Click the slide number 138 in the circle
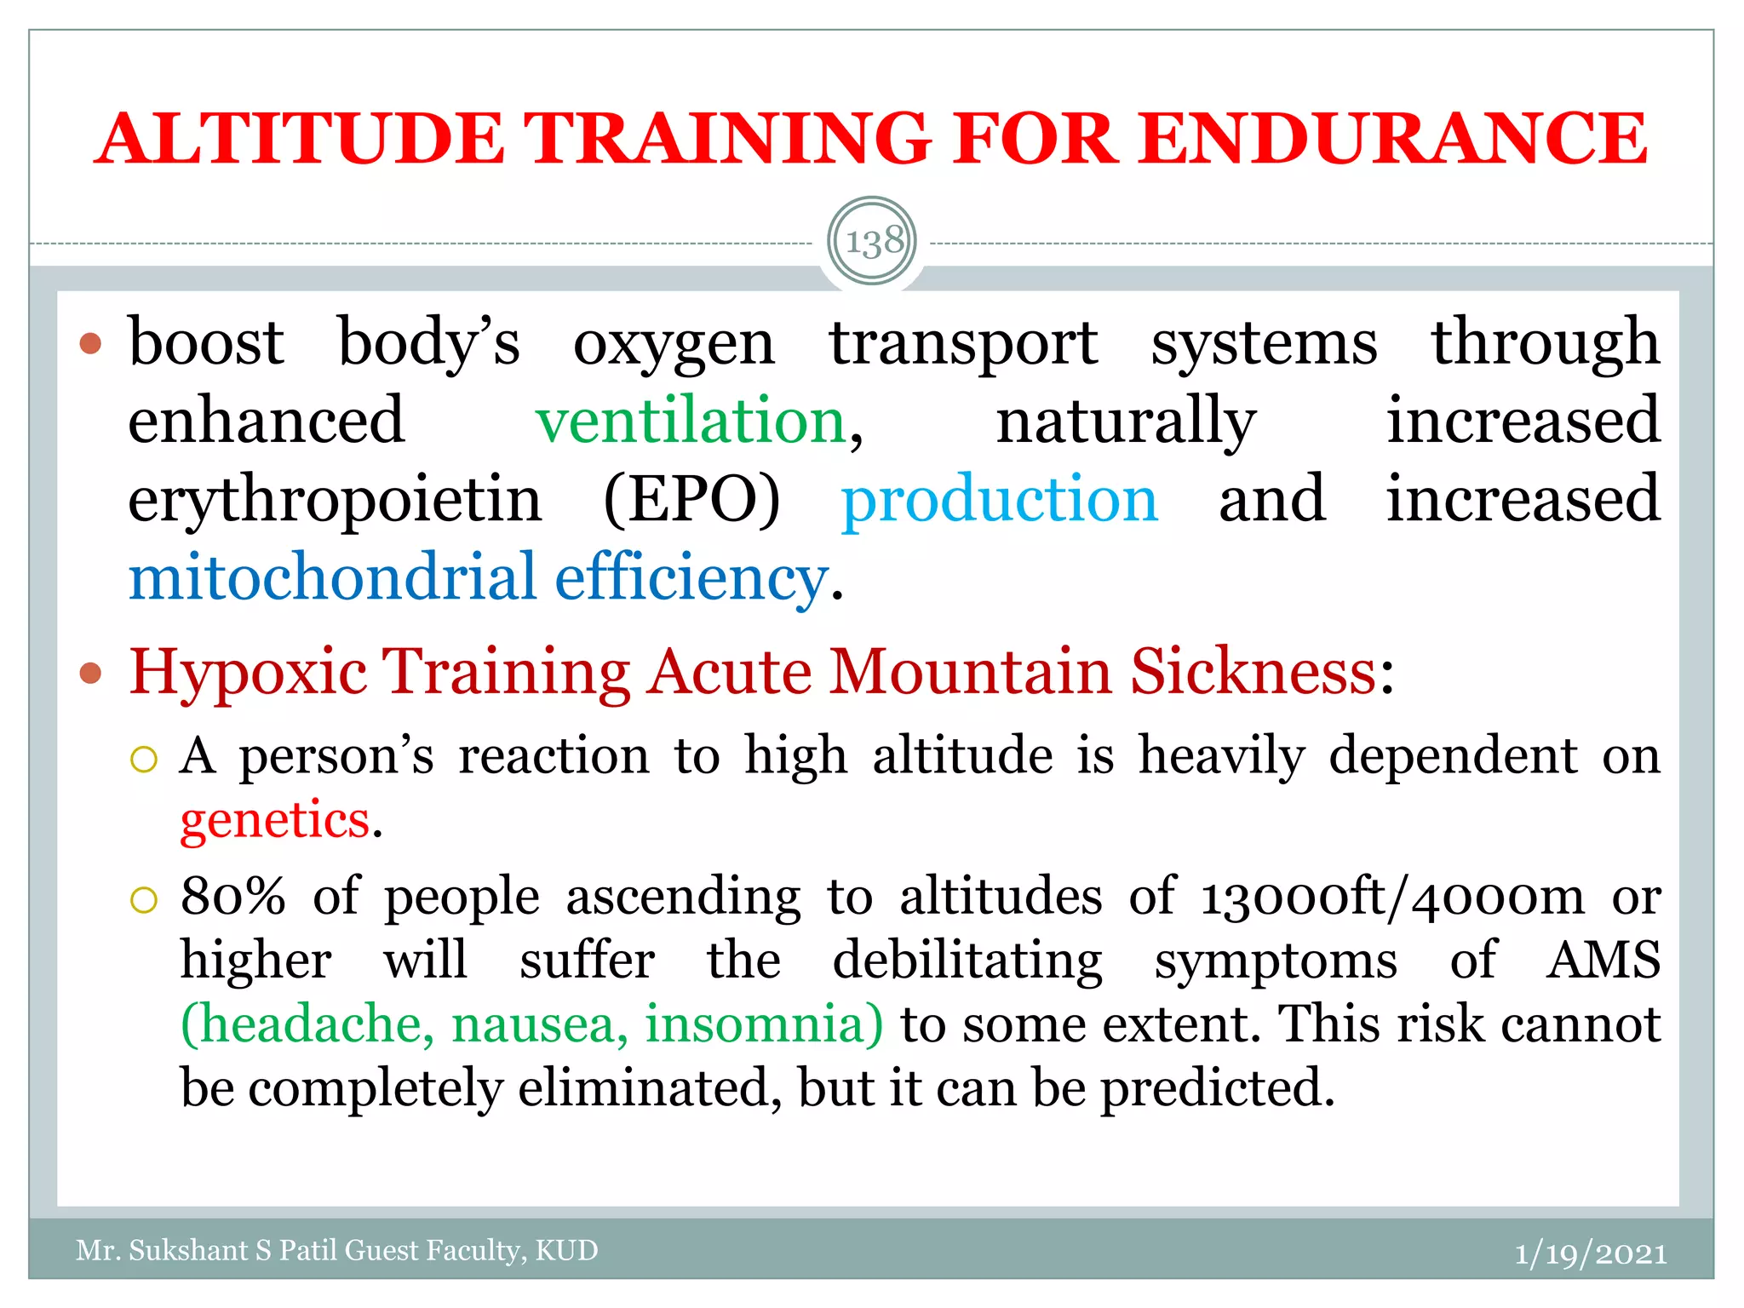click(x=873, y=242)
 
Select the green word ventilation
click(x=691, y=422)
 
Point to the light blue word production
click(x=999, y=500)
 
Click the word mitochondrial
click(x=332, y=578)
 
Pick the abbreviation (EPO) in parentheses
click(x=691, y=500)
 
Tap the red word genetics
click(x=274, y=820)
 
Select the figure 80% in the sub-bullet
click(x=232, y=897)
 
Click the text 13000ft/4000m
click(x=1392, y=897)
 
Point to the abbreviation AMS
click(x=1603, y=961)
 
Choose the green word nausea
click(x=539, y=1024)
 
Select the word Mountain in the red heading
click(x=970, y=672)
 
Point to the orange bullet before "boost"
click(x=90, y=343)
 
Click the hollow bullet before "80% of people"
click(x=144, y=899)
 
